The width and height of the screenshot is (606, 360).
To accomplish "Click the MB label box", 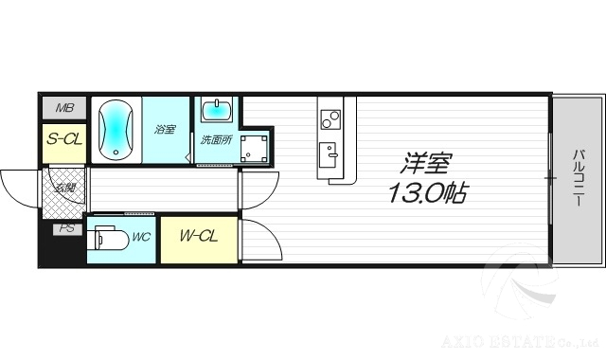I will coord(62,108).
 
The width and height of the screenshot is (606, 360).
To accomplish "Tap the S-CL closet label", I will coord(62,139).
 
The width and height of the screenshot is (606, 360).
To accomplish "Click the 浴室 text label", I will coord(164,130).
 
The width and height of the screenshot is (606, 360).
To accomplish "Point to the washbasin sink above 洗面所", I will coord(218,110).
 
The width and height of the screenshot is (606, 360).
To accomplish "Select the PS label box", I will coord(65,228).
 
